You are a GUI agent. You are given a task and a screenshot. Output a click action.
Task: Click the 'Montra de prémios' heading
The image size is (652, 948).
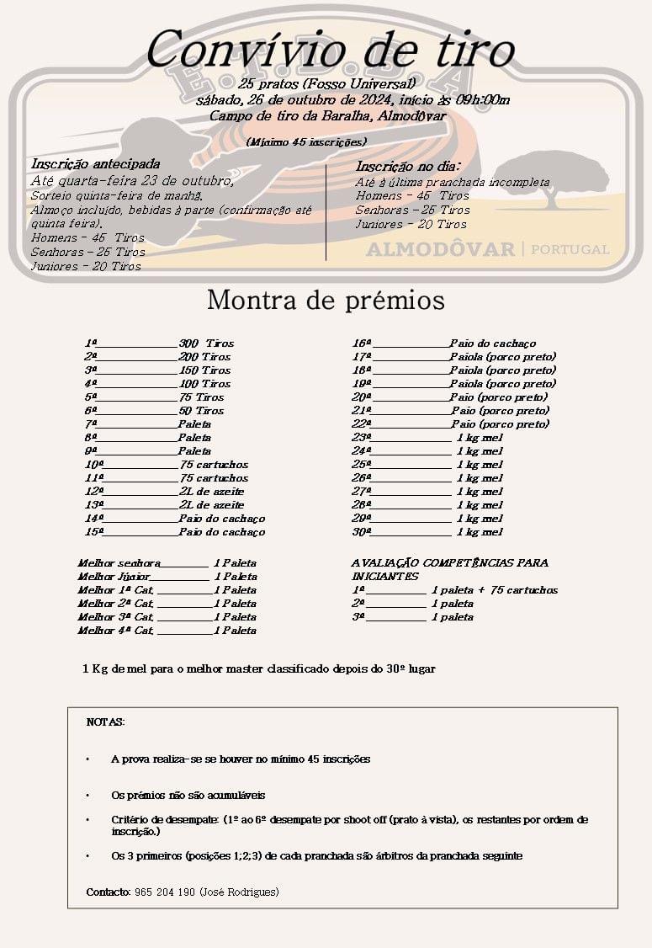point(326,300)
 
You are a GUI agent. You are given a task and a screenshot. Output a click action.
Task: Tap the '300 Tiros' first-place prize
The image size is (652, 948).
point(206,344)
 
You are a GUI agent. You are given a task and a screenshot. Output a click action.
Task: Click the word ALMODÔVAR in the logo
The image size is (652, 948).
point(440,249)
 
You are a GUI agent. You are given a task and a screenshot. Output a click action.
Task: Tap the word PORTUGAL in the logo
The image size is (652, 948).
point(570,249)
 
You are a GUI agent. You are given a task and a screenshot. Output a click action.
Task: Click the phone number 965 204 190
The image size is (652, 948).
point(165,892)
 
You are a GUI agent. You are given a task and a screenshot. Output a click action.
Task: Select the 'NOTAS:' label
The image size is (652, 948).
point(105,722)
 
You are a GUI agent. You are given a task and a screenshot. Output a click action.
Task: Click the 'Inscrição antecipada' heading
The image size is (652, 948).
point(95,164)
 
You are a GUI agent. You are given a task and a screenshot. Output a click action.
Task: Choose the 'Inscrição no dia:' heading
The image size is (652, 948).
point(407,167)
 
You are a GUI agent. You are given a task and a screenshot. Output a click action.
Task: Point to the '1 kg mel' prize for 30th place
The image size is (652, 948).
point(480,532)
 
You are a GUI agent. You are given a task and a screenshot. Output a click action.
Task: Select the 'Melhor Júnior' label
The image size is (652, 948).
point(114,577)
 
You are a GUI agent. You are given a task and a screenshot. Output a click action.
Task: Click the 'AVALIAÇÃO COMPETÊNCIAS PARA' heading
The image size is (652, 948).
point(449,562)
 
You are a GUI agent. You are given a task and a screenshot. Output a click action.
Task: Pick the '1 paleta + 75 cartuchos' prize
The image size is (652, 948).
point(494,590)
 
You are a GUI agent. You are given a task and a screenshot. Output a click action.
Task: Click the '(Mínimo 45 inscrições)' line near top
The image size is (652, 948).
point(306,141)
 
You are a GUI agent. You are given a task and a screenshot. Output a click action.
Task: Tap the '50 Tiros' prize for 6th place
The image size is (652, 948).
point(201,411)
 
